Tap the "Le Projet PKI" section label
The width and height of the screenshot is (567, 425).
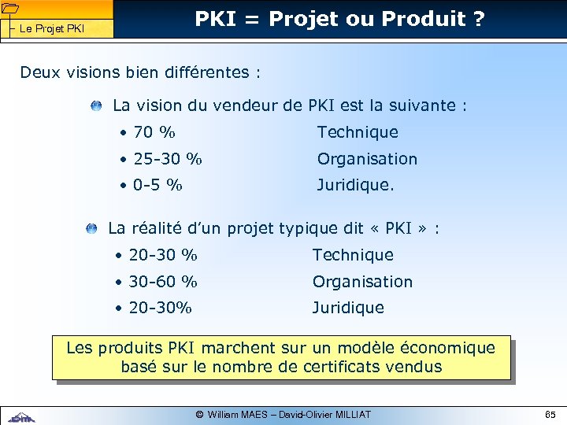(x=51, y=29)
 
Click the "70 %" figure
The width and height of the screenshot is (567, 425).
(x=154, y=132)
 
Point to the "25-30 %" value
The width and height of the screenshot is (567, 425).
(x=168, y=159)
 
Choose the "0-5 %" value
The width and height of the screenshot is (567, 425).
(x=157, y=186)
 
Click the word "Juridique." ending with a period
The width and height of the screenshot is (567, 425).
(x=356, y=186)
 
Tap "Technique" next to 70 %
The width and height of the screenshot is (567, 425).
(x=358, y=132)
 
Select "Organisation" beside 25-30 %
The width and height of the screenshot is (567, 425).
(x=367, y=159)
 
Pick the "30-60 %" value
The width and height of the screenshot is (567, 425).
(x=163, y=282)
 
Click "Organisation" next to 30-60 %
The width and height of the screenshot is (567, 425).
(x=362, y=282)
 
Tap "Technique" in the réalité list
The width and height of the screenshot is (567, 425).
(x=353, y=255)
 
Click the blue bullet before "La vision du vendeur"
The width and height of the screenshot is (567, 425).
(x=95, y=105)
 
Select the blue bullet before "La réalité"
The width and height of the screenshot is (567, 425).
(x=91, y=229)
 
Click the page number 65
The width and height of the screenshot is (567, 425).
(x=550, y=414)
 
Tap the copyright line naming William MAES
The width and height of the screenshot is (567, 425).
(x=283, y=414)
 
